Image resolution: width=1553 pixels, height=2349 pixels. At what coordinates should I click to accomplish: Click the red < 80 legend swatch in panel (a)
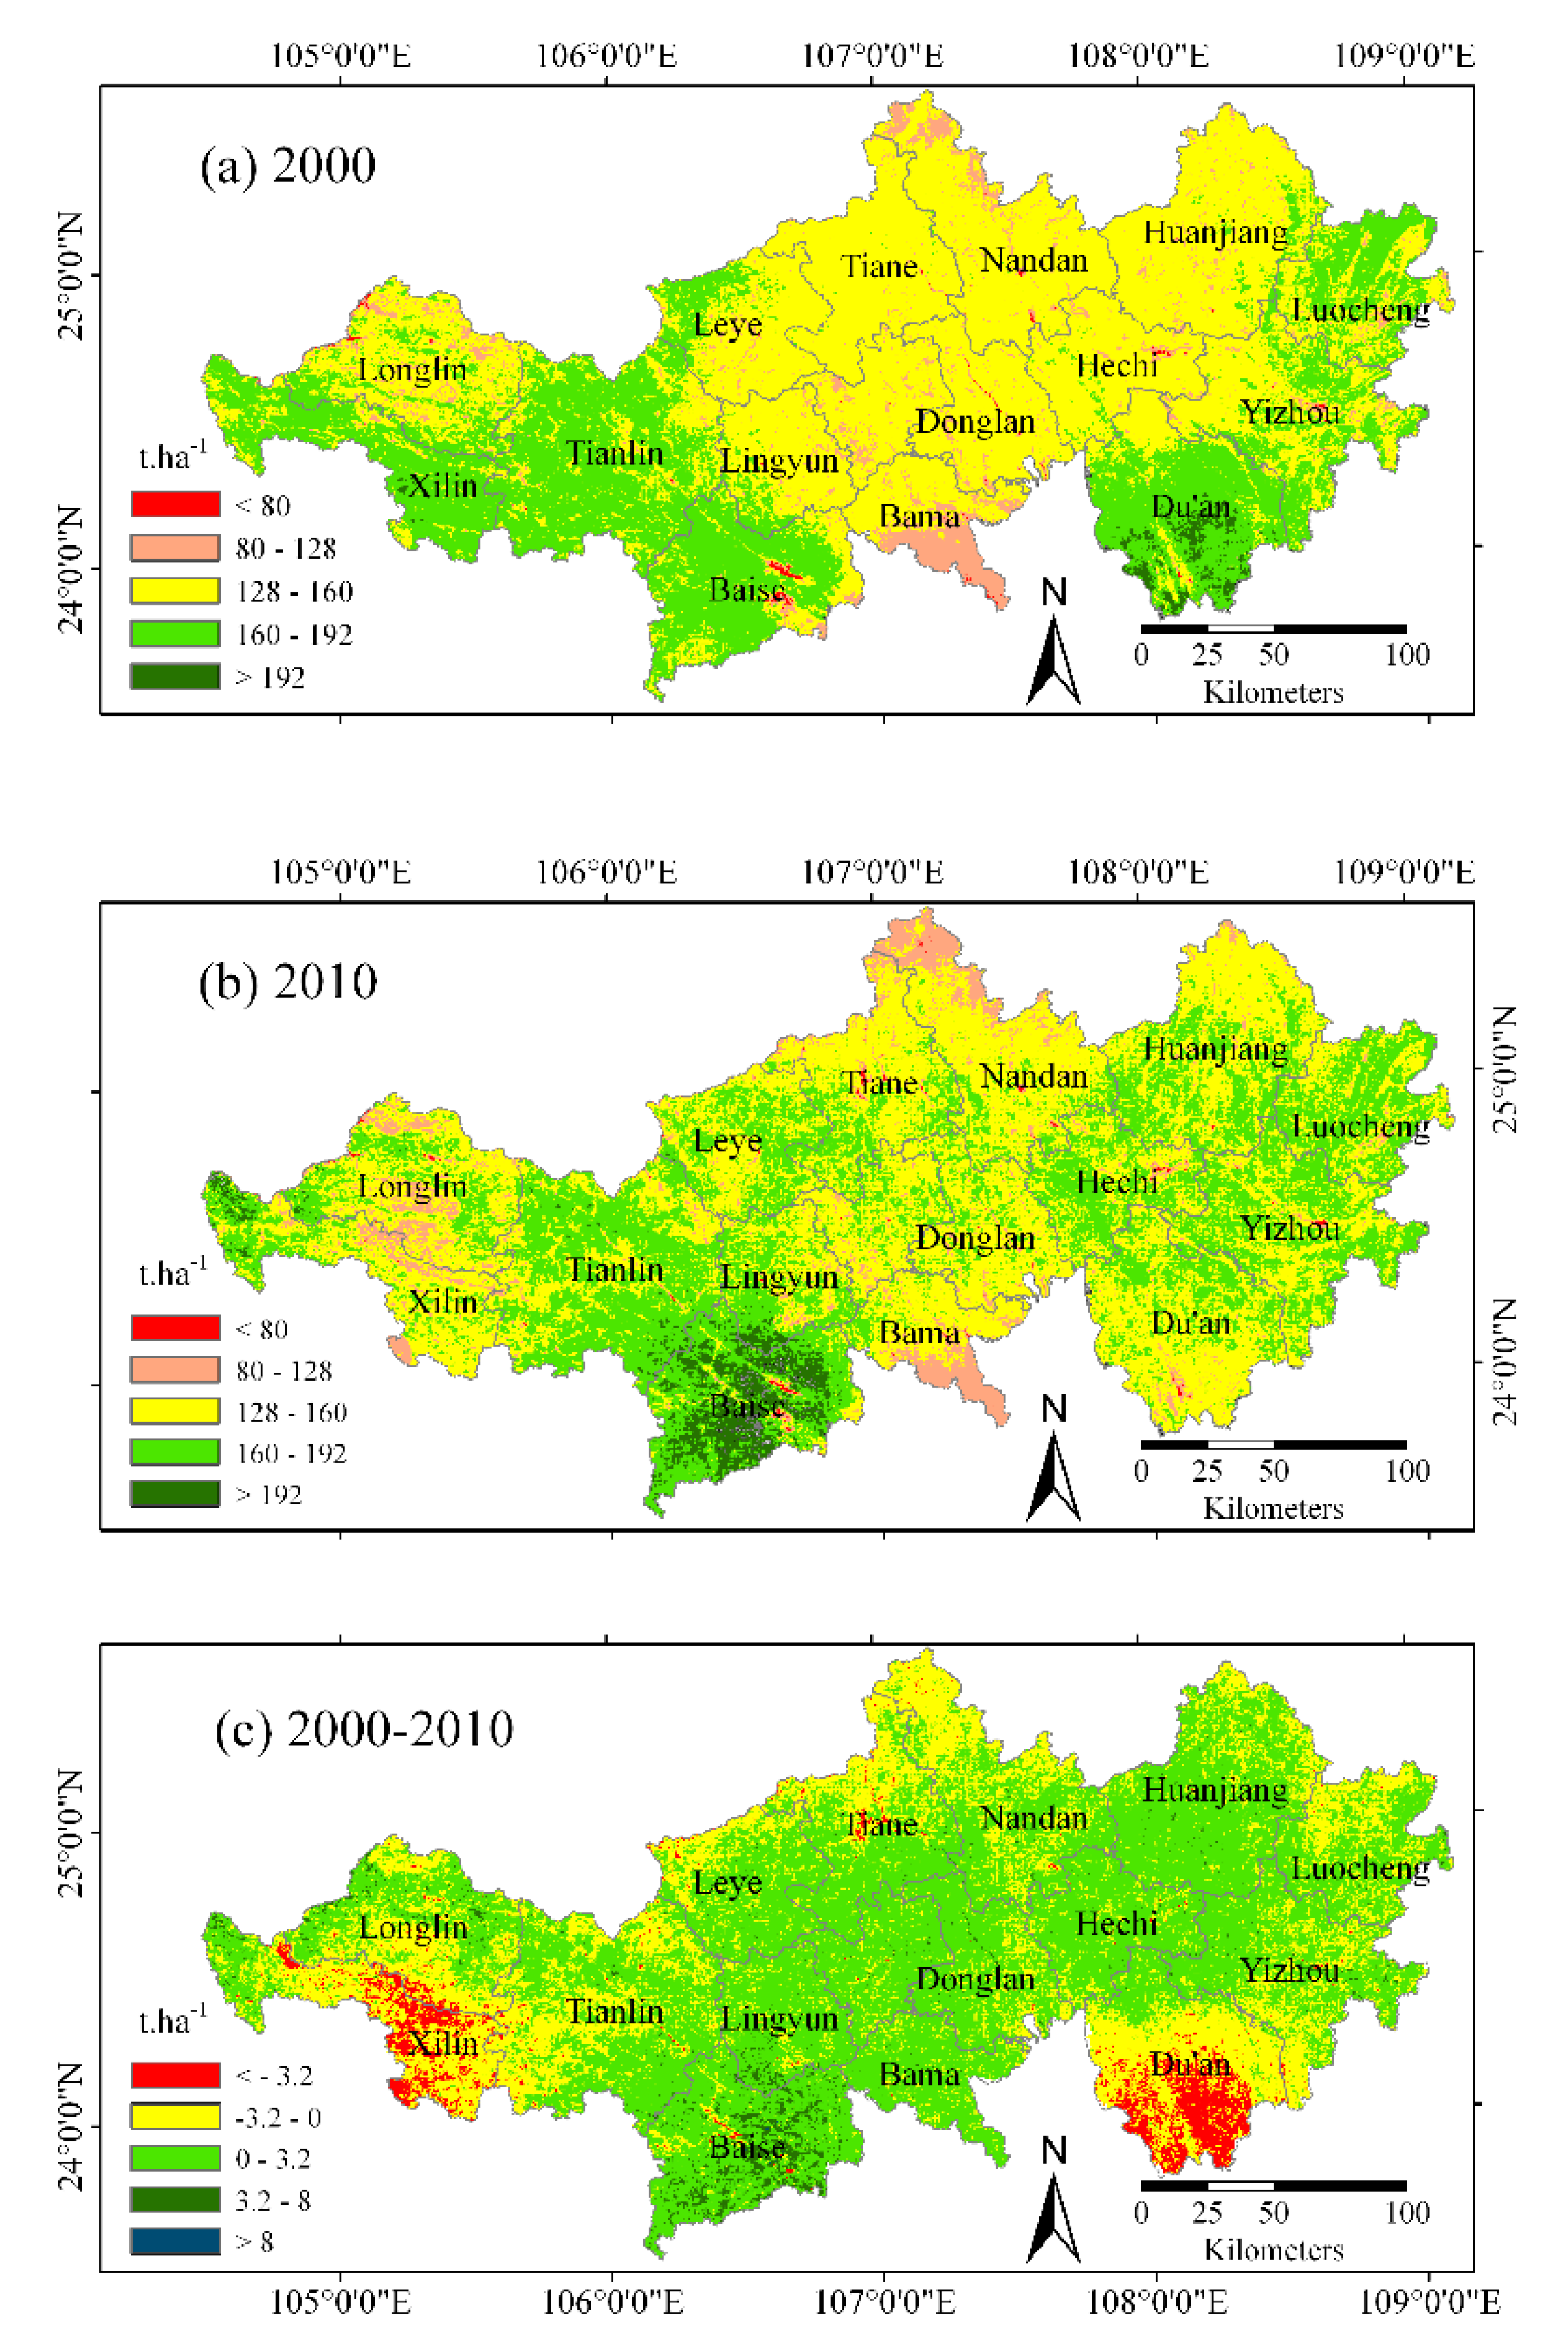pyautogui.click(x=175, y=504)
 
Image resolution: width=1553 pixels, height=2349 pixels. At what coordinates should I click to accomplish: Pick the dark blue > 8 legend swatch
pyautogui.click(x=175, y=2241)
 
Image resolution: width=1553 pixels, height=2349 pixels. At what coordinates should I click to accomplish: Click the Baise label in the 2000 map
pyautogui.click(x=747, y=590)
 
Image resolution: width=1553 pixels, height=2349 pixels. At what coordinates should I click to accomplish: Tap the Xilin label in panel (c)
pyautogui.click(x=443, y=2043)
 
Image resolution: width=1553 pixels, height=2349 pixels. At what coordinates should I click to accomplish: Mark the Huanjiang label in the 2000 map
pyautogui.click(x=1215, y=232)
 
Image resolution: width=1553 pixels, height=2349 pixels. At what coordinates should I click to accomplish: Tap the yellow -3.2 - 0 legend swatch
pyautogui.click(x=175, y=2117)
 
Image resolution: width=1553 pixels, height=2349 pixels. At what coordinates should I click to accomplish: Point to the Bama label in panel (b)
pyautogui.click(x=919, y=1334)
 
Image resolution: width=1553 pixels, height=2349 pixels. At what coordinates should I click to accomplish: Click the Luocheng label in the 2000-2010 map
pyautogui.click(x=1360, y=1868)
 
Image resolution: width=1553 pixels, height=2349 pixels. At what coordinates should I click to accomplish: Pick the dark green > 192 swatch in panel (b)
pyautogui.click(x=175, y=1494)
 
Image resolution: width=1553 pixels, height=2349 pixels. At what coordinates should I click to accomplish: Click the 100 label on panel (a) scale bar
pyautogui.click(x=1407, y=655)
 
